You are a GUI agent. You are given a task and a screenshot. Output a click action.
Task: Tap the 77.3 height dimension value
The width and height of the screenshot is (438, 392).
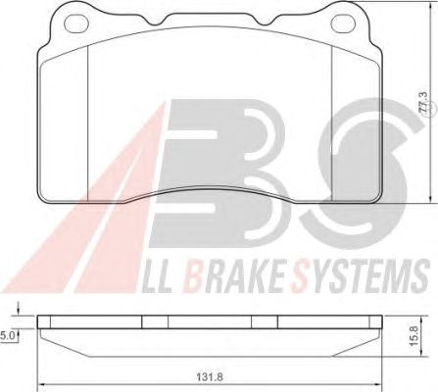[x=423, y=103]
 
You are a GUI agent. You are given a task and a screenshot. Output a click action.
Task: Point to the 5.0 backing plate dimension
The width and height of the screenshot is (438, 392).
[x=8, y=335]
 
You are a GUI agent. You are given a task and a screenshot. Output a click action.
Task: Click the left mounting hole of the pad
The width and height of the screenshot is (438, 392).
[x=76, y=23]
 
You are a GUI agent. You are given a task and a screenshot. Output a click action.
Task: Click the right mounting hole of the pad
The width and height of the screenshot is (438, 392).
[x=343, y=23]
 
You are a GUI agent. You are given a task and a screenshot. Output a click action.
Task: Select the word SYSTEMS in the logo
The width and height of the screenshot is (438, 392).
[x=361, y=275]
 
